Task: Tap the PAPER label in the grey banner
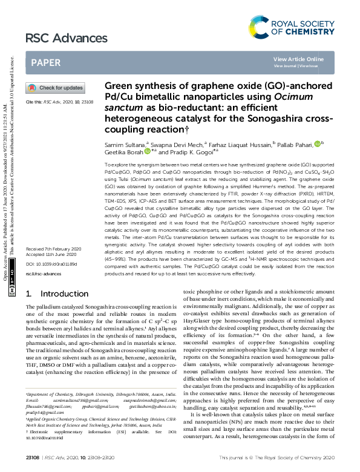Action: pyautogui.click(x=45, y=62)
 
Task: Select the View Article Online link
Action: pyautogui.click(x=298, y=59)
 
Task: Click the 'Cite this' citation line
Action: pyautogui.click(x=59, y=102)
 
